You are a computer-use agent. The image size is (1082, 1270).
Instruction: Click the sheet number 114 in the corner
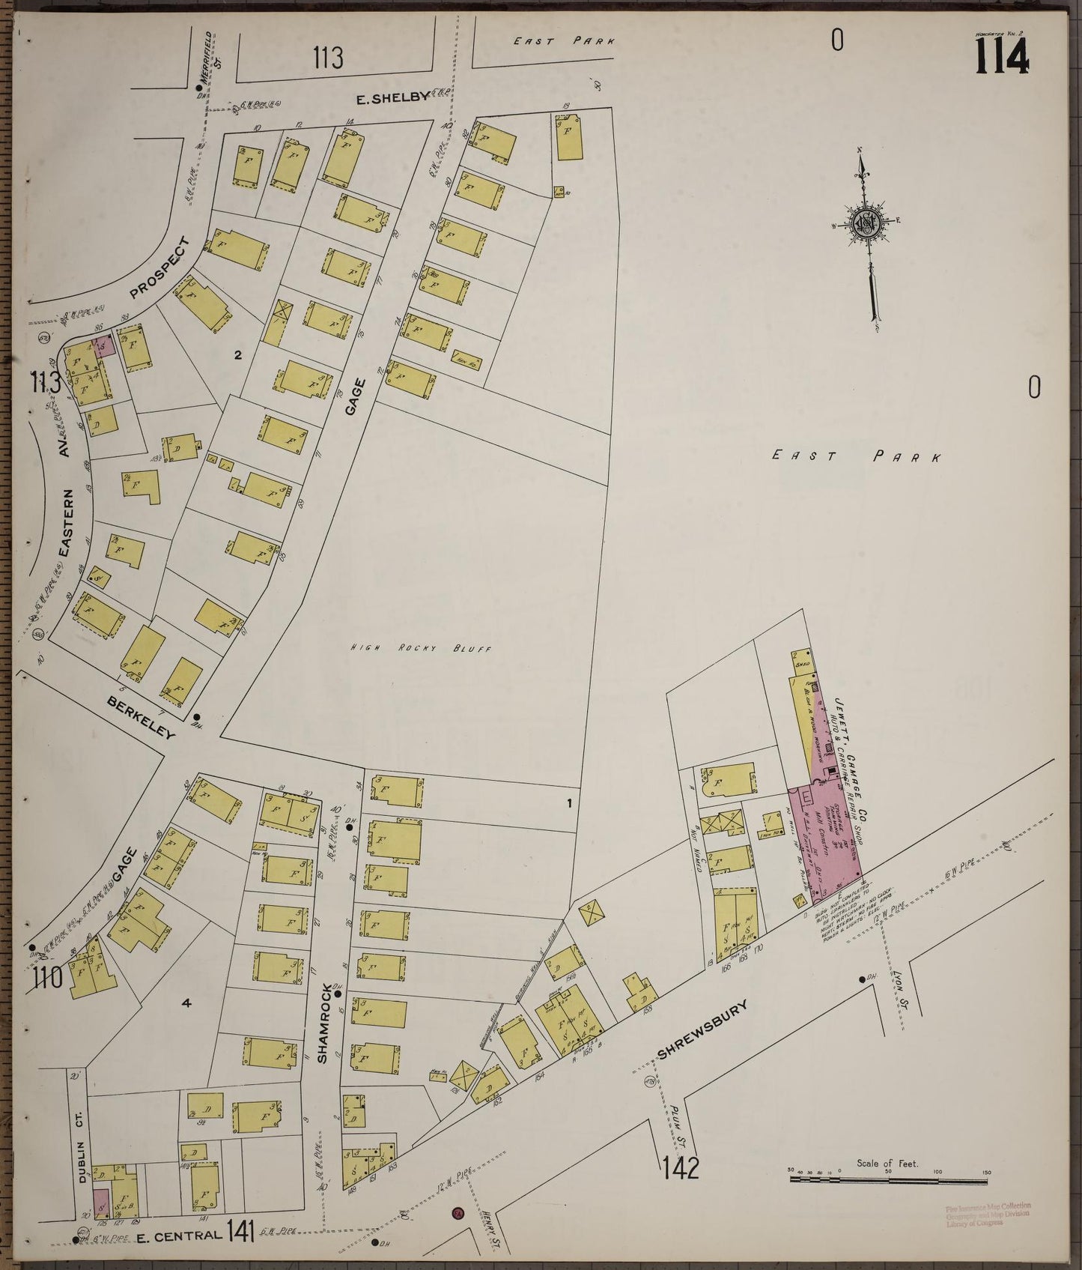1001,56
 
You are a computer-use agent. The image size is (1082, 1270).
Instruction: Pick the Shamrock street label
323,1022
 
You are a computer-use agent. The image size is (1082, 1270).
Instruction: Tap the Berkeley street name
141,717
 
